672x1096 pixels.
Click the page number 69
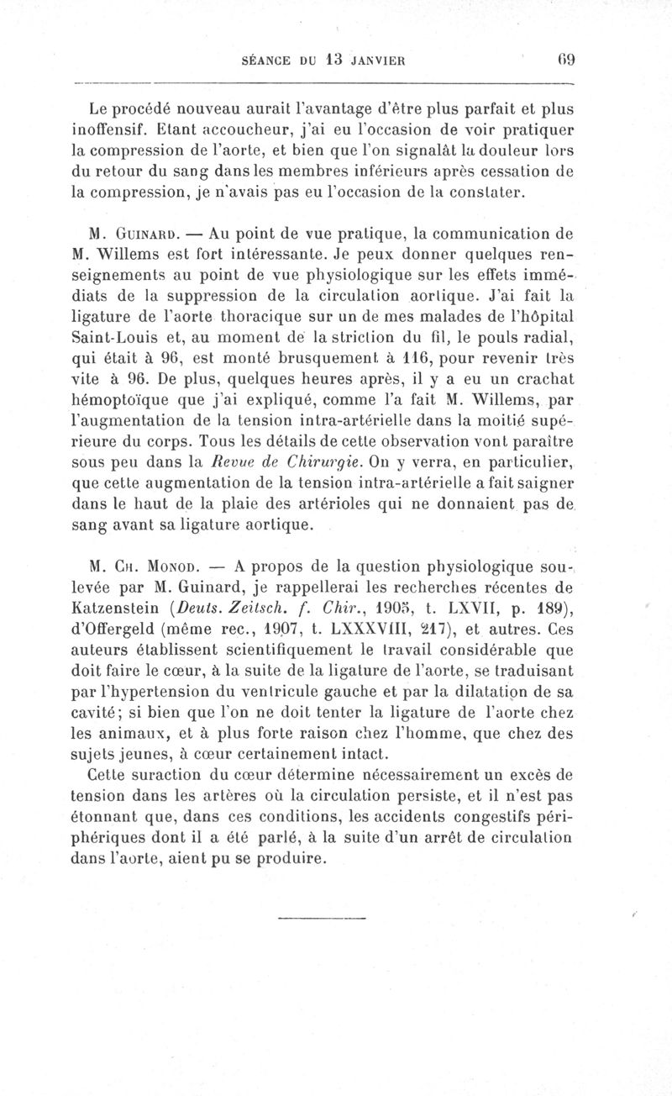tap(562, 61)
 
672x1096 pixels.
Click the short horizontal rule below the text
tap(322, 917)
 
